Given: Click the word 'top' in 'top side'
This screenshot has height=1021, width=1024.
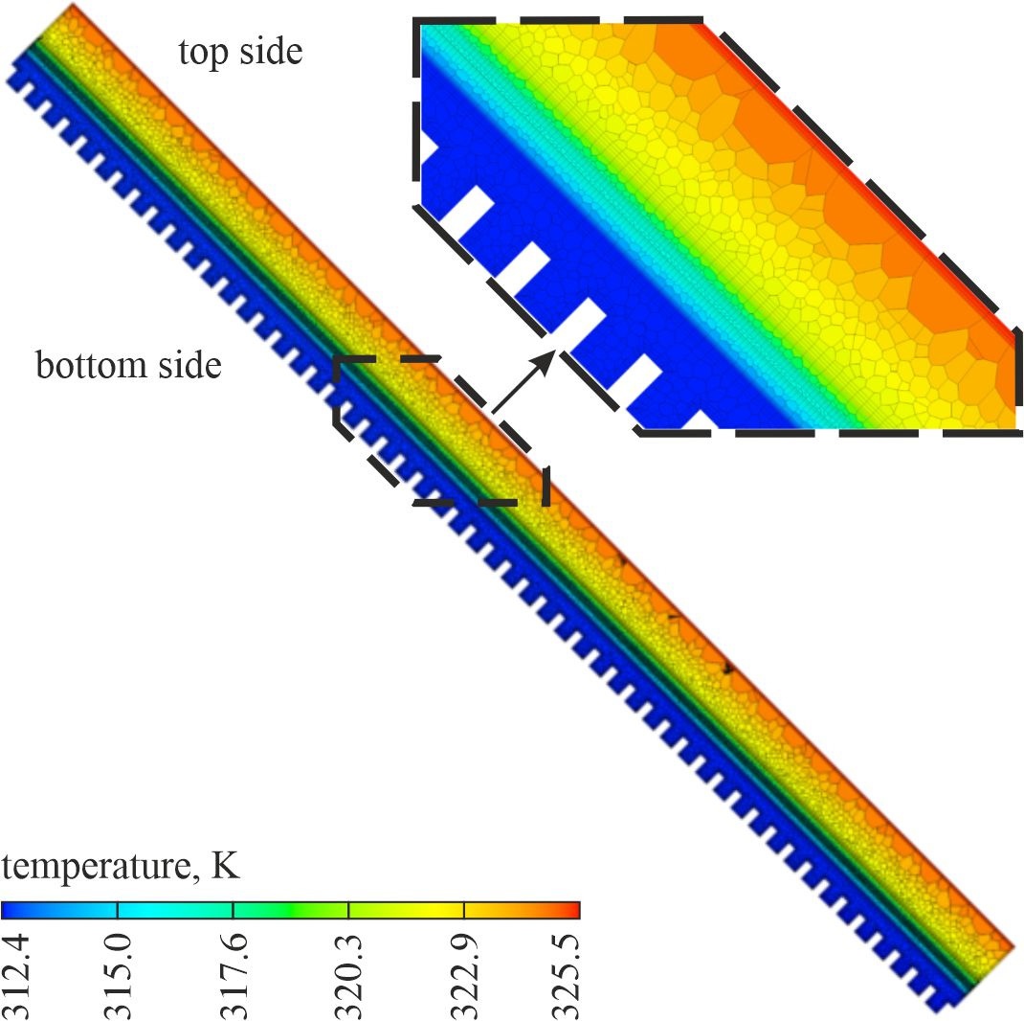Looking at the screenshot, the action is [x=205, y=53].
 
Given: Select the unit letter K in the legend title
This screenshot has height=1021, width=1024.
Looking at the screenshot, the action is [x=227, y=866].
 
